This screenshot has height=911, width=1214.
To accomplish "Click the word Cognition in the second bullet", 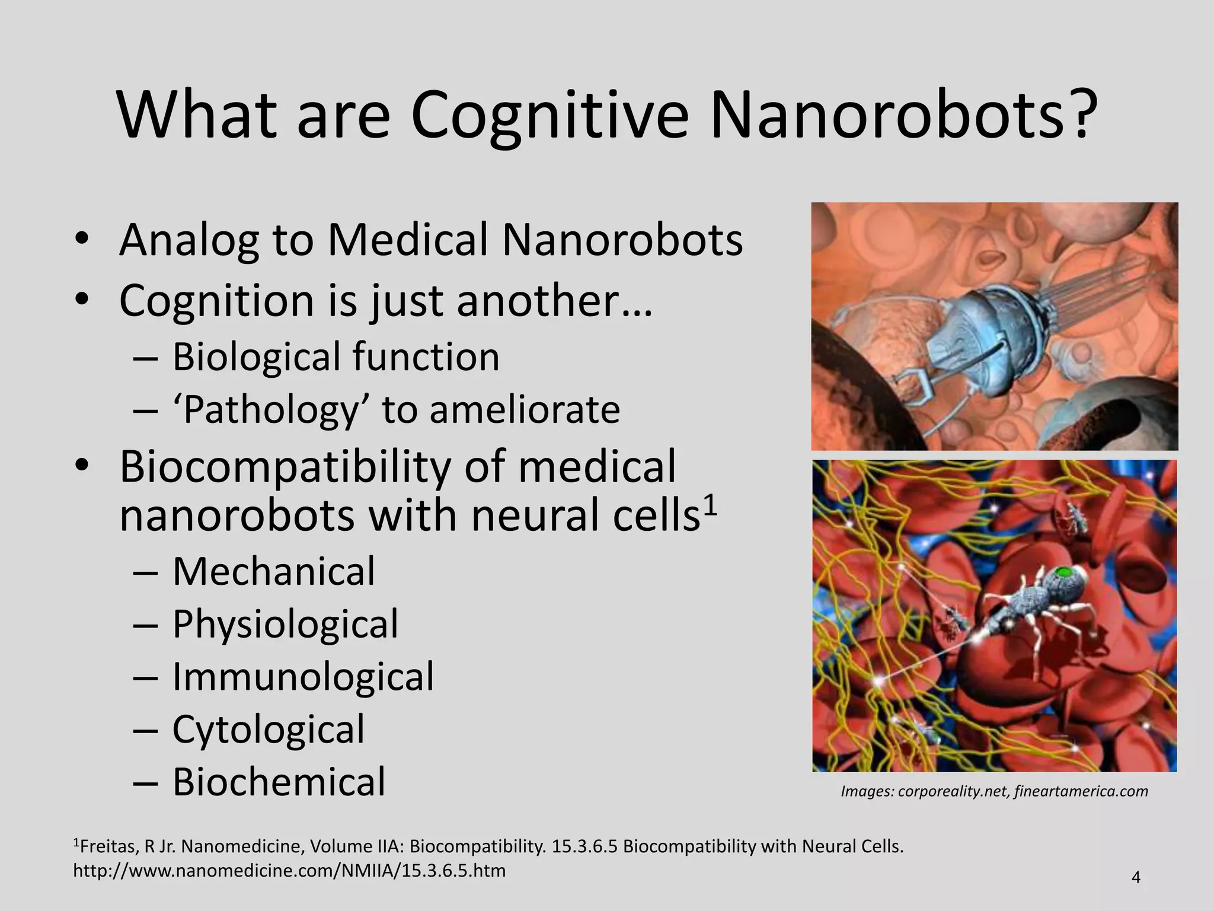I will tap(216, 301).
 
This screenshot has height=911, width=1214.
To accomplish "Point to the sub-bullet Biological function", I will tap(336, 357).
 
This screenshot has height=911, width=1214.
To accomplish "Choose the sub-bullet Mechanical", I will tap(273, 572).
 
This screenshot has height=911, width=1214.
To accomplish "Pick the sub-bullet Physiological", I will tap(285, 625).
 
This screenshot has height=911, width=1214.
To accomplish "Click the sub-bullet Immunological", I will tap(303, 677).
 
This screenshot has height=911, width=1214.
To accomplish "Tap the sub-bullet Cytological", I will tap(268, 730).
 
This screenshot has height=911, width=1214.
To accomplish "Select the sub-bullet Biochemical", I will tap(279, 782).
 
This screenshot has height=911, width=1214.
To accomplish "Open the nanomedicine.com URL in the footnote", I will tap(289, 871).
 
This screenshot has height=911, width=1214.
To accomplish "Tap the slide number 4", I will tap(1136, 877).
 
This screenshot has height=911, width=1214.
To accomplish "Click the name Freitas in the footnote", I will tap(108, 846).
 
